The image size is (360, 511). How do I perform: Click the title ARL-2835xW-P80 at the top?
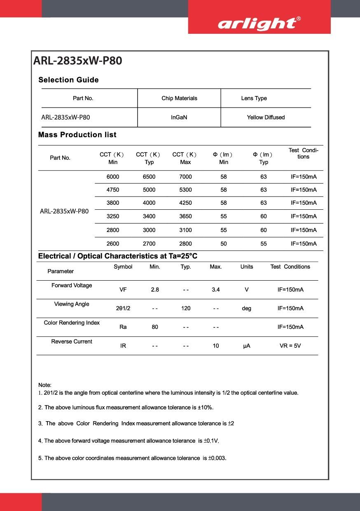coord(77,61)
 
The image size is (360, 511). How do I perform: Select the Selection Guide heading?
coord(68,80)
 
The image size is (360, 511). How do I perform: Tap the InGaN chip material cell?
coord(179,117)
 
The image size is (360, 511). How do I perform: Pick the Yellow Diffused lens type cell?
coord(266,117)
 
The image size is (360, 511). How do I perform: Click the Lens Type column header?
coord(254,98)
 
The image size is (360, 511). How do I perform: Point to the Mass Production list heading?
coord(77,135)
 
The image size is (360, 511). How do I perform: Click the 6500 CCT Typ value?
coord(149,177)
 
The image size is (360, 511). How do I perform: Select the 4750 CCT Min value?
coord(112,190)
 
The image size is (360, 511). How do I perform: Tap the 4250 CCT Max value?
coord(185,203)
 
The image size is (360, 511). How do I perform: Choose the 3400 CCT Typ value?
coord(149,216)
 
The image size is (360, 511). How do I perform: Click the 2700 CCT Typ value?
coord(149,244)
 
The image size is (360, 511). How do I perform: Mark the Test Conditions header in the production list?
coord(303,153)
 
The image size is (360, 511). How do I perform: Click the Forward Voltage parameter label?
coord(72,285)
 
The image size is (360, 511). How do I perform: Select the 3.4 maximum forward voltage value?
coord(216,290)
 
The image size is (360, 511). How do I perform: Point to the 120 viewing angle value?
coord(186,308)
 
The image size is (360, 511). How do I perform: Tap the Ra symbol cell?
coord(123,327)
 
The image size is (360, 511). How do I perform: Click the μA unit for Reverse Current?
coord(247,346)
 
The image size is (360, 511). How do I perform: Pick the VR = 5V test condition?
coord(290,346)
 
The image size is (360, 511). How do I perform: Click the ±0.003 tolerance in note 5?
coord(217,458)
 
